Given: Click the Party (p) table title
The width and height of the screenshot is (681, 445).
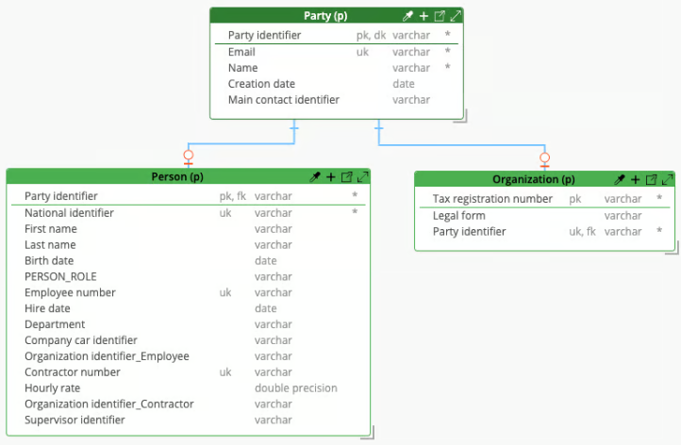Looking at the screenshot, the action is coord(325,16).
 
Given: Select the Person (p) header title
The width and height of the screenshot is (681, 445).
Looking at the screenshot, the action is coord(177,176).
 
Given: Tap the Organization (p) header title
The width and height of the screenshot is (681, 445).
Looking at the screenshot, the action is coord(533,179).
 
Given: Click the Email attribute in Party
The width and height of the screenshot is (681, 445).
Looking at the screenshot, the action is coord(241,52).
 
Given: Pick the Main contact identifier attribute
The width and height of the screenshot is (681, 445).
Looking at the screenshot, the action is coord(284,100).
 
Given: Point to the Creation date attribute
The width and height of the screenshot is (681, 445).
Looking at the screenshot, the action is coord(261,84).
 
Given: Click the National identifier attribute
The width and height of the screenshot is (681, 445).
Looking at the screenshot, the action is coord(69,213).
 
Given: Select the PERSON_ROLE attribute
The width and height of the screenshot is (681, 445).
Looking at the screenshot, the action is coord(60,276).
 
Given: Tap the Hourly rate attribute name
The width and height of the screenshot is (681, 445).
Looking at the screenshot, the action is coord(52,388).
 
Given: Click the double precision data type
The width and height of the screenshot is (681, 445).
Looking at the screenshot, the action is coord(296,388).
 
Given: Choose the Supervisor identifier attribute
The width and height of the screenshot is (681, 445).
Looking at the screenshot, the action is coord(75,420).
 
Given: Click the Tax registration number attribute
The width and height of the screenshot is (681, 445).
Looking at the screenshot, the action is coord(492,199).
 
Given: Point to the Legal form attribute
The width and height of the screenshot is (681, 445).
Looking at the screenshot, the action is coord(459,216).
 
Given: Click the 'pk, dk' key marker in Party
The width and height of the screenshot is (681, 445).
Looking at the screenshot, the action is coord(371,36).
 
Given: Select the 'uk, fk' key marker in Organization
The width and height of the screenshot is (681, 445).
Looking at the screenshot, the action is coord(582,232).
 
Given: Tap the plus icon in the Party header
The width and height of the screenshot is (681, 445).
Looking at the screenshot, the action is coord(424,16).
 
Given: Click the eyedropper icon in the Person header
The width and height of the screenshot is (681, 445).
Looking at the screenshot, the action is coord(315,176).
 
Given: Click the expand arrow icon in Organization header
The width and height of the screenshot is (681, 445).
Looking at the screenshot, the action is coord(668,179).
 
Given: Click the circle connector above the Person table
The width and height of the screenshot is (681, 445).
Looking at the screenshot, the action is coord(188,155).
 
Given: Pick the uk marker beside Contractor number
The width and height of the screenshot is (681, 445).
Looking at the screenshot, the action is coord(225,372).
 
